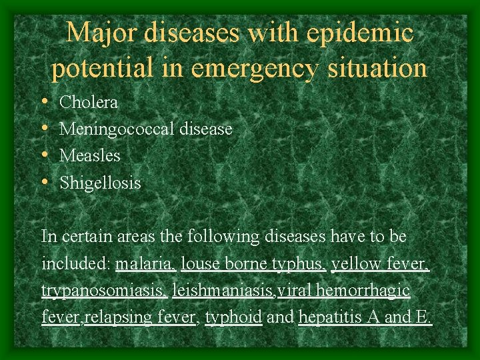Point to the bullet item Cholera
[x=89, y=103]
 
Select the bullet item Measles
[x=90, y=156]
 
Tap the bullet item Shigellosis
[x=100, y=183]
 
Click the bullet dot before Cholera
[x=44, y=103]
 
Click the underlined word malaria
[x=145, y=264]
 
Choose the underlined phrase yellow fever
[x=380, y=264]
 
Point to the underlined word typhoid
[x=233, y=317]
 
